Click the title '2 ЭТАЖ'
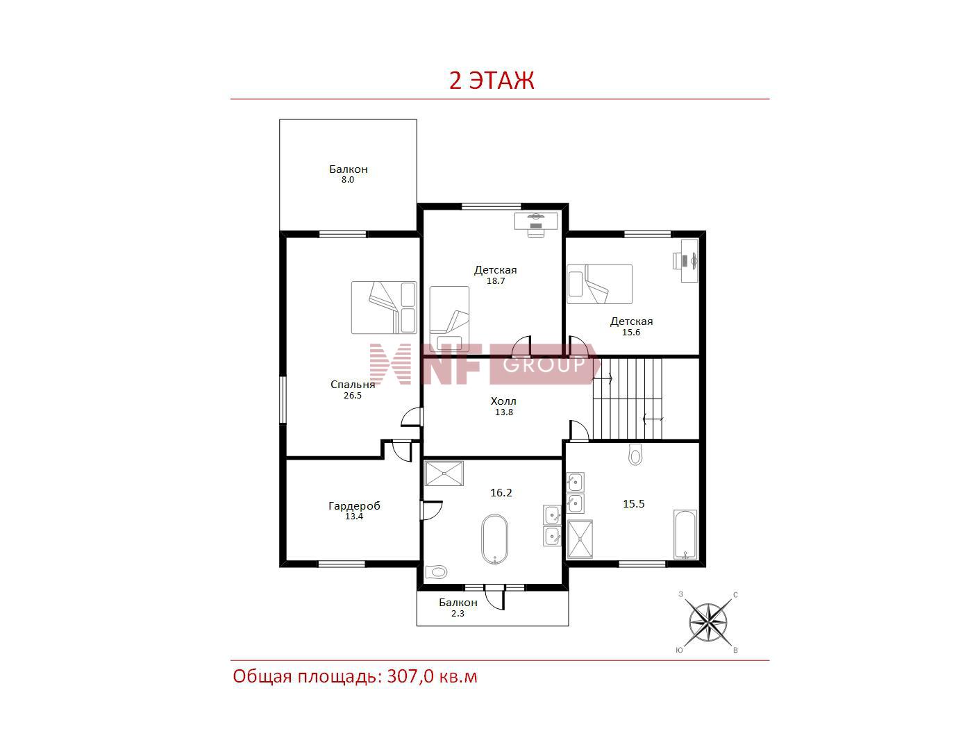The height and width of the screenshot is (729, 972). point(492,81)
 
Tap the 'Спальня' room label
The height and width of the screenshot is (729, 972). point(353,385)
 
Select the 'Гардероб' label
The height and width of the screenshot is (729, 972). point(354,505)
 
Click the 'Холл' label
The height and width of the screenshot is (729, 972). point(503,401)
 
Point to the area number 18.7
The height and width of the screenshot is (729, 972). point(496,280)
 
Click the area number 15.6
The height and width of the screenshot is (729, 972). point(631,333)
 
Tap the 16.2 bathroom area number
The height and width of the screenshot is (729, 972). point(501,493)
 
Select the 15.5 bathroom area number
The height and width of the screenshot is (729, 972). point(634,504)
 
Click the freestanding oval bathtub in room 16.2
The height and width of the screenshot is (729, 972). point(494,539)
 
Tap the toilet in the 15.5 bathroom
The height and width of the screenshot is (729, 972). point(635,455)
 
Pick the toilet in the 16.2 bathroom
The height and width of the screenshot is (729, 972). point(436,572)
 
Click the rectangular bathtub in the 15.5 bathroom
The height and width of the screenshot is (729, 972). point(685,534)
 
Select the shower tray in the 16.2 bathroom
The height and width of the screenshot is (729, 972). point(444,474)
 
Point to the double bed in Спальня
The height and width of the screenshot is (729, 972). point(384,308)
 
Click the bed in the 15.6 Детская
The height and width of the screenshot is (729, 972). point(600,284)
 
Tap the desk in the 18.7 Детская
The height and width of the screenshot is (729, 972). point(536,221)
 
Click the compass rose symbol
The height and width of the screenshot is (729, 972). point(707,622)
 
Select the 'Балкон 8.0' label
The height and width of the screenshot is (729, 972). point(348,174)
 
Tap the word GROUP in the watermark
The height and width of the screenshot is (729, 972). point(544,364)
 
